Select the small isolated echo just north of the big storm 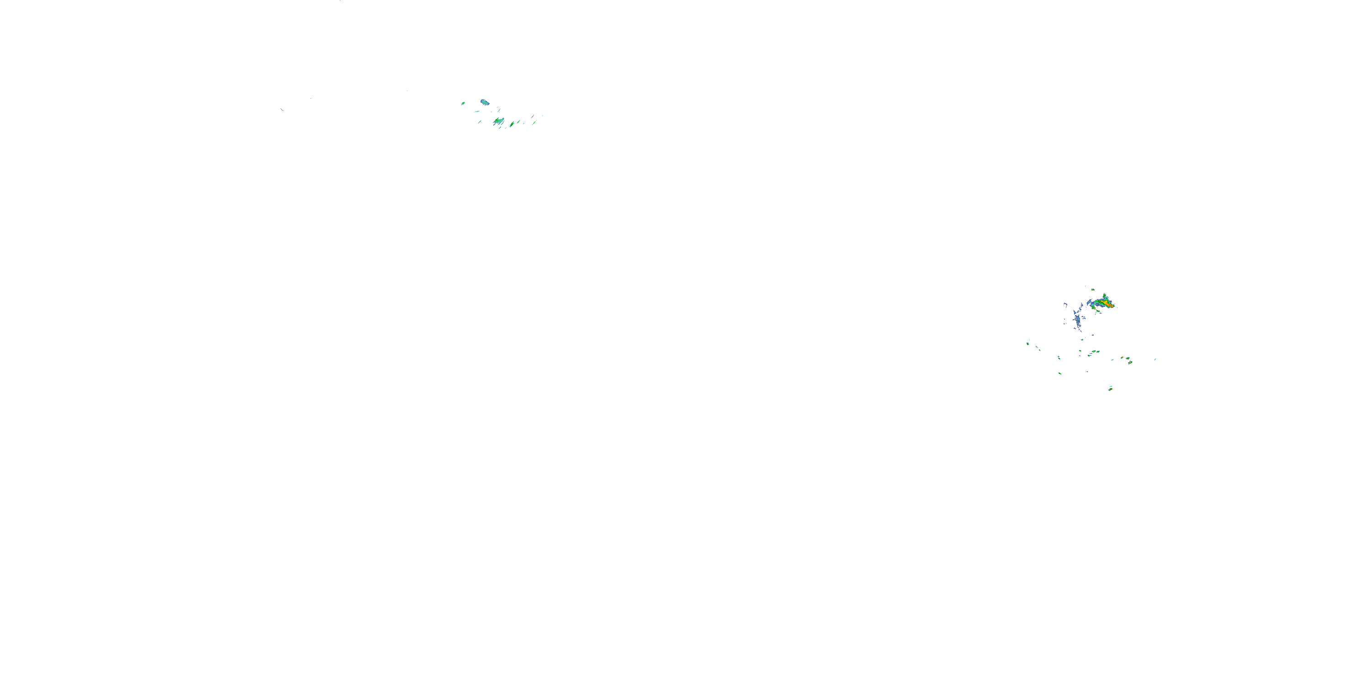coord(1092,290)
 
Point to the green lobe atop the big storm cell coord(1105,296)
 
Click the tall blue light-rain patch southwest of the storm coord(1077,320)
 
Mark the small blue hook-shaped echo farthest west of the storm coord(1065,305)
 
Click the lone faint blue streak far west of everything coord(282,110)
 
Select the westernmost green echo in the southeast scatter coord(1027,343)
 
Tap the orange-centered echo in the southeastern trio coord(1130,362)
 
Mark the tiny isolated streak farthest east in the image coord(1155,359)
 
